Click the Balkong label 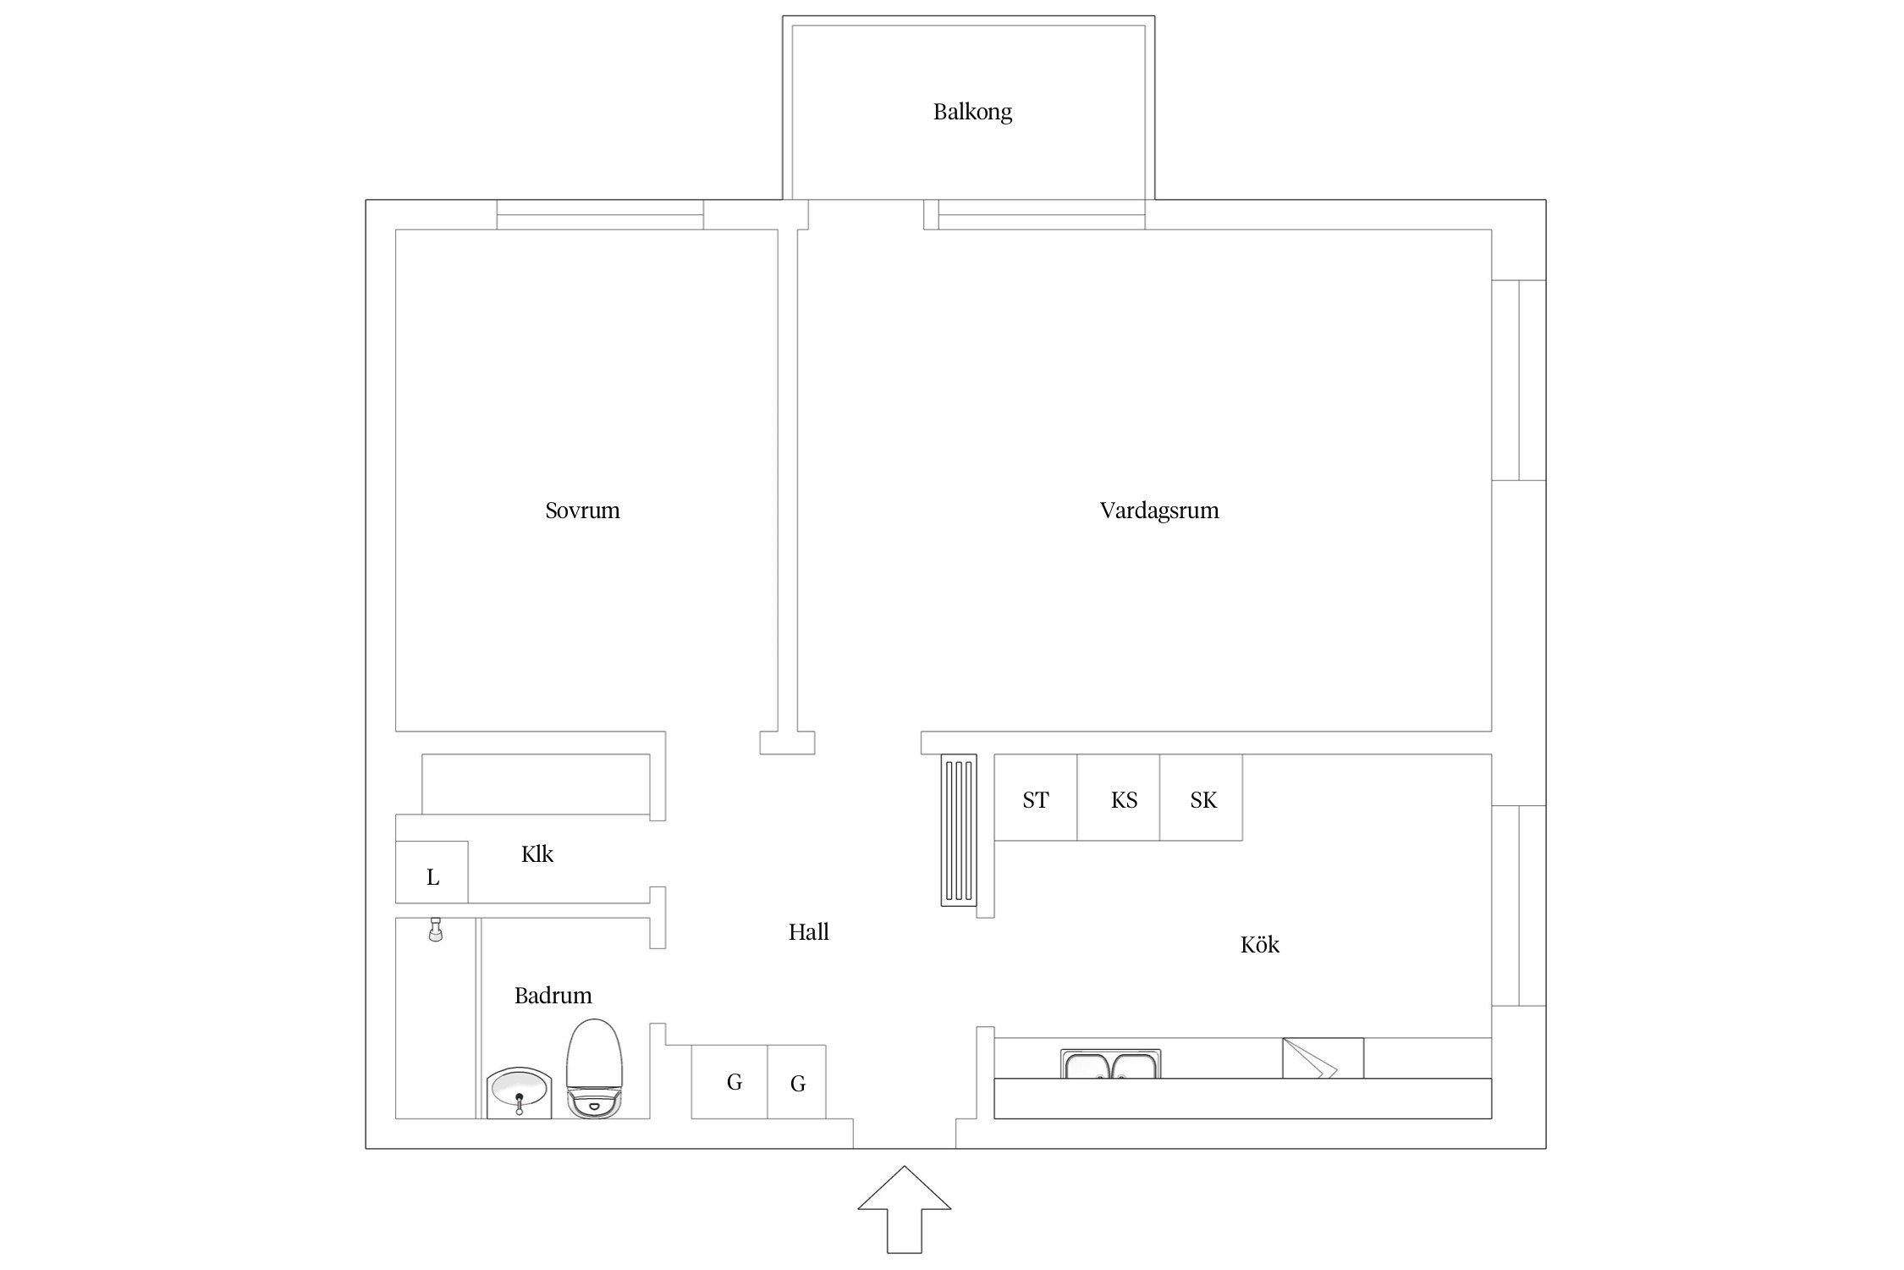(972, 112)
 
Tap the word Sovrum (582, 511)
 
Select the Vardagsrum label (1159, 511)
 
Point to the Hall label (808, 932)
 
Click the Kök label (1259, 944)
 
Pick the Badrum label (553, 995)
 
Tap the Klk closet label (537, 854)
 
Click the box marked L (432, 871)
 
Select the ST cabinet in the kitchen (1036, 798)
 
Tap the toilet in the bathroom (593, 1068)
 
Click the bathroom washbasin (520, 1093)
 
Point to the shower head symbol (436, 930)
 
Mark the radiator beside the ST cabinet (959, 831)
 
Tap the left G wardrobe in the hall (729, 1082)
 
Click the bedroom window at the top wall (600, 214)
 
